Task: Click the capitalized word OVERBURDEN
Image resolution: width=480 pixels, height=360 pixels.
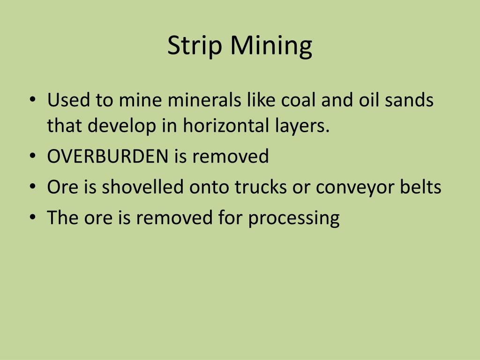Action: [108, 156]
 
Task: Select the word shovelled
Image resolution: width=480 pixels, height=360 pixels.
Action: [143, 187]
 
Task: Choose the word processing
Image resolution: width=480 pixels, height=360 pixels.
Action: [294, 218]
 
